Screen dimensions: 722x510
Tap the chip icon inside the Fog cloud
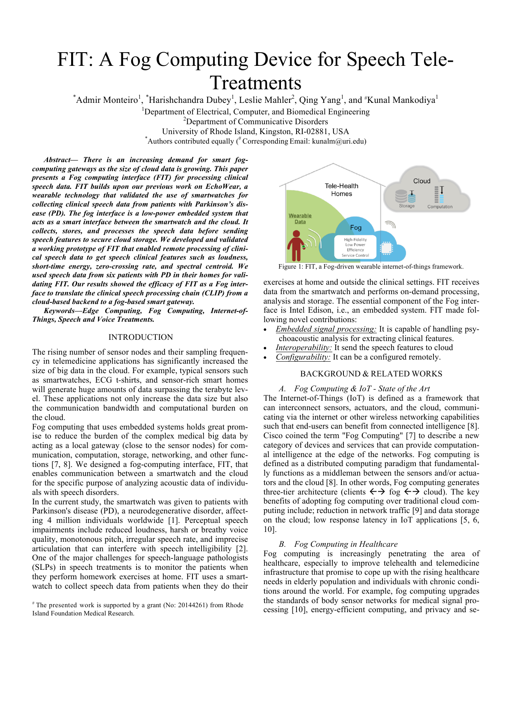pos(386,248)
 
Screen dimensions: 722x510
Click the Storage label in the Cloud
pos(407,206)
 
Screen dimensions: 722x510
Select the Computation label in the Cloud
pos(440,207)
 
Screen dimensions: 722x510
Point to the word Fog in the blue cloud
pos(356,228)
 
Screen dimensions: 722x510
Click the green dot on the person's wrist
pos(304,246)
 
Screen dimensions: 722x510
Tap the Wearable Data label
pos(300,218)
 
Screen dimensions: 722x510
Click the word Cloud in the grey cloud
pos(422,181)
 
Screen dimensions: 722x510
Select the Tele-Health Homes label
pos(341,190)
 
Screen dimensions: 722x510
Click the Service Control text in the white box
pos(355,255)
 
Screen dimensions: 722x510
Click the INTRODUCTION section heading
pos(141,337)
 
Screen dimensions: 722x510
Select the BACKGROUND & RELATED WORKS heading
pos(371,374)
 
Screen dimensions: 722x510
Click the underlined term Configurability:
pos(303,357)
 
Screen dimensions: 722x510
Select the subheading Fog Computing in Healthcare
pos(345,544)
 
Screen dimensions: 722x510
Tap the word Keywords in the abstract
pos(59,311)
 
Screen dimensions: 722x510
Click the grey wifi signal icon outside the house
pos(391,224)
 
